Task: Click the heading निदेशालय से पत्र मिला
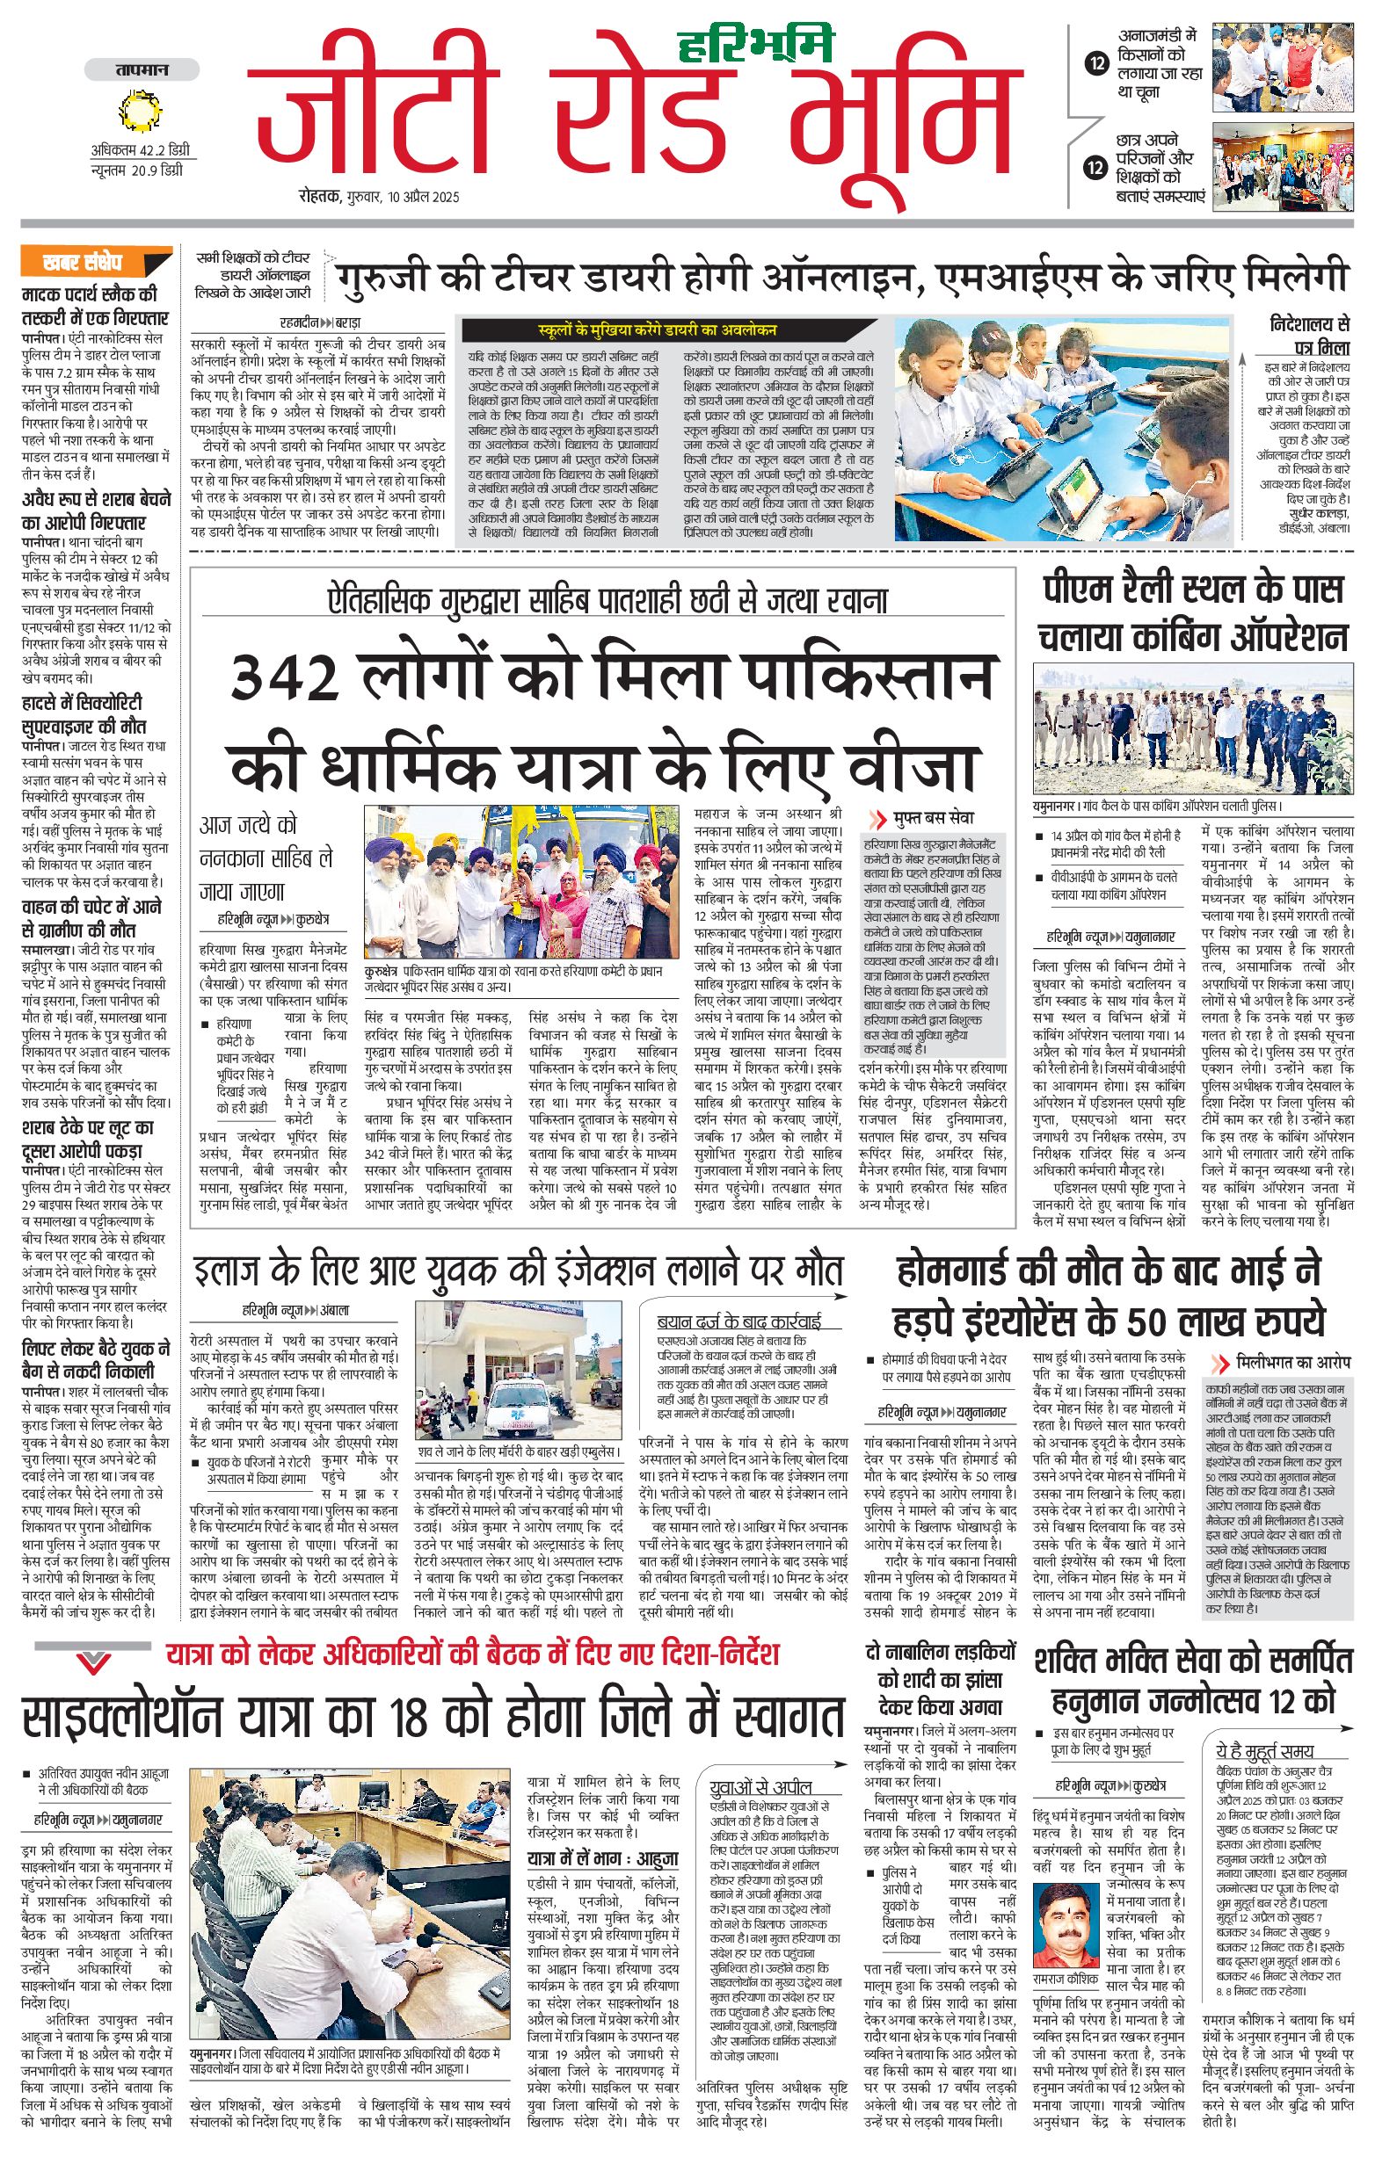[1309, 335]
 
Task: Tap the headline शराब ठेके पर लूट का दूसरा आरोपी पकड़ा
[89, 1140]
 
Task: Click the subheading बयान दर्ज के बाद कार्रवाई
[738, 1321]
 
